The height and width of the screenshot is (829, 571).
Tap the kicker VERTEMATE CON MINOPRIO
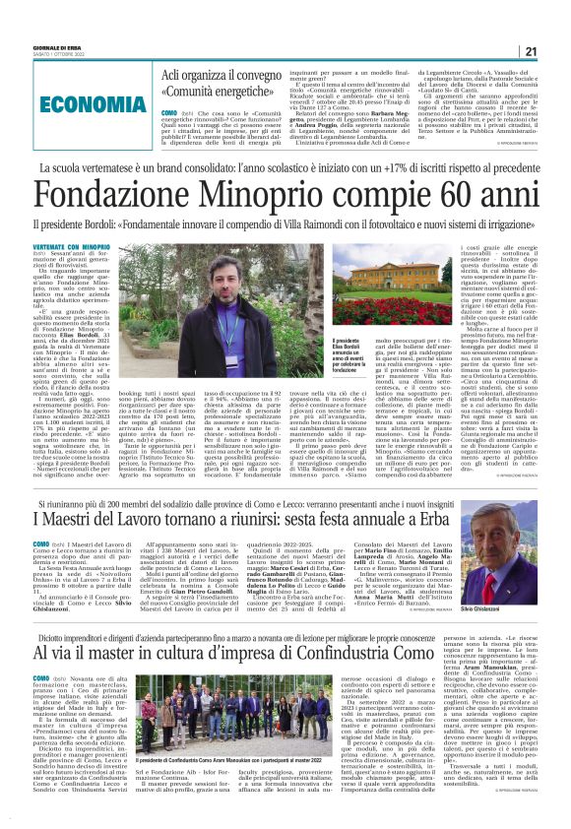point(71,245)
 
